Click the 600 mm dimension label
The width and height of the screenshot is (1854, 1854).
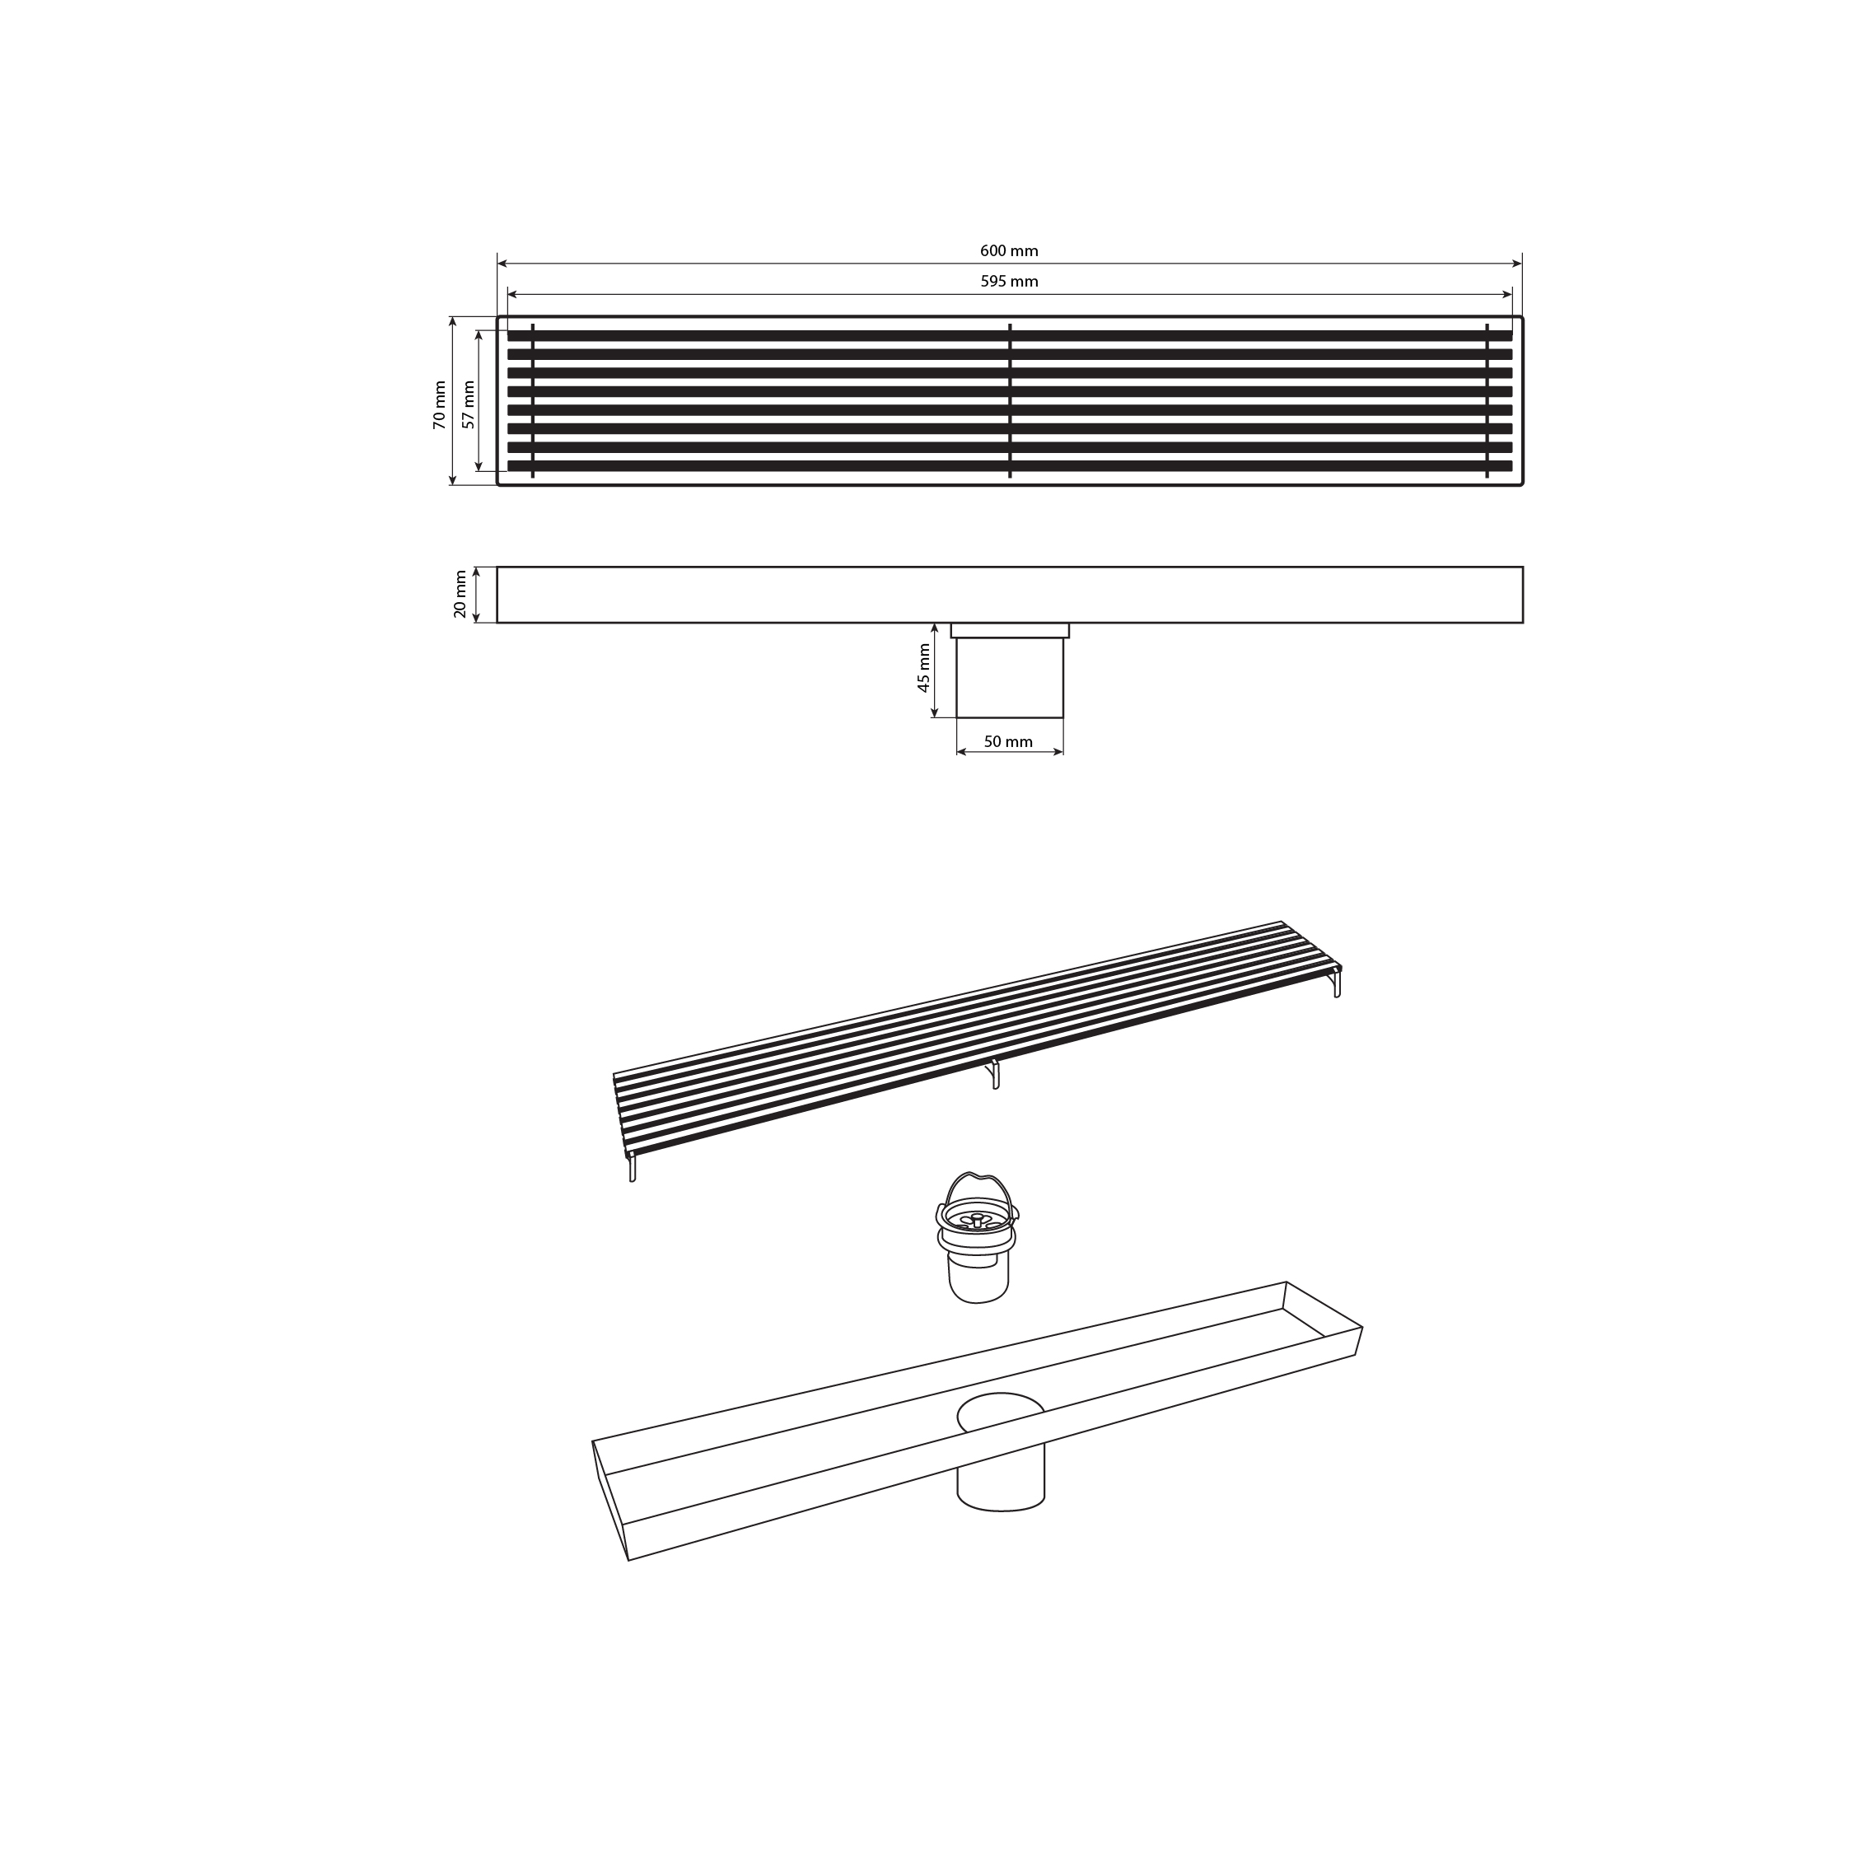point(1009,251)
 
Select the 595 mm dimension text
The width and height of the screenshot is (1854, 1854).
point(1009,281)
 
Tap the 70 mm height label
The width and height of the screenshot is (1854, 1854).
point(440,405)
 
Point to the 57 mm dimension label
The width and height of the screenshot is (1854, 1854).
point(469,405)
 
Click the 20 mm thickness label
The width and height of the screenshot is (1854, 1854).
point(460,595)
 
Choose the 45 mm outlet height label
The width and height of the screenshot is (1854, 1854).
point(923,668)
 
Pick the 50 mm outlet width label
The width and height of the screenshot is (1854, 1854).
point(1009,742)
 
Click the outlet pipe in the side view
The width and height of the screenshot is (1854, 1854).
point(1010,678)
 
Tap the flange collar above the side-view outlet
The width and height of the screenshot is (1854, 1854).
point(1010,630)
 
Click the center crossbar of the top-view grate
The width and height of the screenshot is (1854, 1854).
point(1010,401)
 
